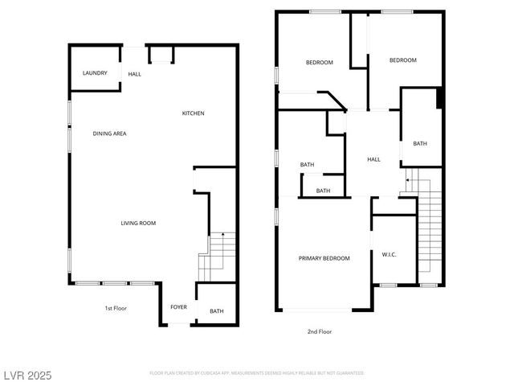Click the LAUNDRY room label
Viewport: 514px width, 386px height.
point(95,73)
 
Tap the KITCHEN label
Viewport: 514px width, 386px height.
point(193,113)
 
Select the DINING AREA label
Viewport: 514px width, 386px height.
point(109,133)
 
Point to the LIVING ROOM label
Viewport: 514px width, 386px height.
point(138,223)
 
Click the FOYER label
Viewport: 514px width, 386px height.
point(178,307)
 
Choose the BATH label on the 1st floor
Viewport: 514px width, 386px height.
point(217,311)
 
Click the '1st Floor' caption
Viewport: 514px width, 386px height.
point(116,308)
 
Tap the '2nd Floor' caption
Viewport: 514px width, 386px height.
point(320,331)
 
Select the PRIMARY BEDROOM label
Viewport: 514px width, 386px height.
point(324,258)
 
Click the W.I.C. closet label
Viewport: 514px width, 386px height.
point(389,255)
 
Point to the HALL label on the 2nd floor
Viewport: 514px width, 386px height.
point(373,159)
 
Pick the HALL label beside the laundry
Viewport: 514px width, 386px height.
point(134,74)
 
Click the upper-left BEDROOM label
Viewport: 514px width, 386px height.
point(320,63)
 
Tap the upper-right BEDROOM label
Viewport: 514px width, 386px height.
point(403,60)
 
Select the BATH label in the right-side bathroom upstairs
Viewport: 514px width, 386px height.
point(420,144)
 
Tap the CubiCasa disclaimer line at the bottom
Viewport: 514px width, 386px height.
point(257,373)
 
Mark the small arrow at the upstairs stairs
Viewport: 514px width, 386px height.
point(407,181)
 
